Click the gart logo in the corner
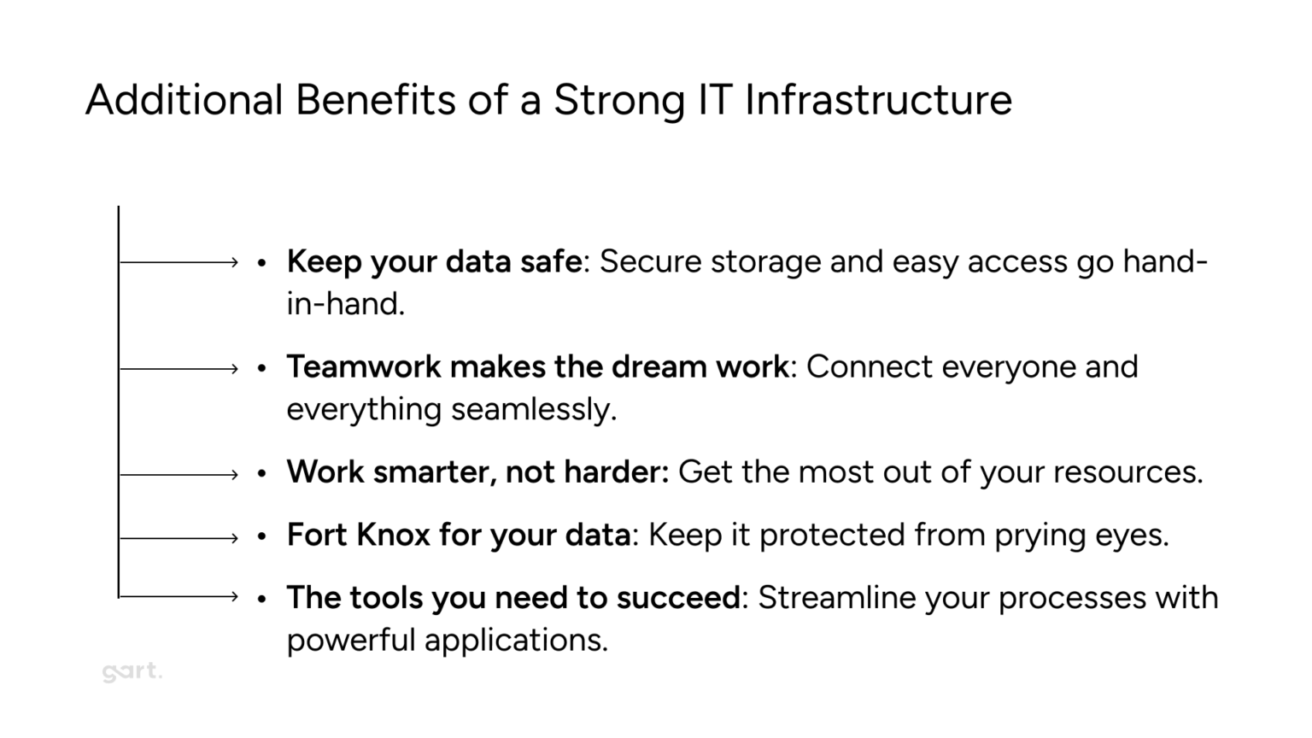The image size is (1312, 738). [131, 672]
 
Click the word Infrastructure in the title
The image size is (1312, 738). [878, 100]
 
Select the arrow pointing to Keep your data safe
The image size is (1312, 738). [179, 262]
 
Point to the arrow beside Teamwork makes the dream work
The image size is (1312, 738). [179, 369]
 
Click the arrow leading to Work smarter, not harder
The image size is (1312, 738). [179, 474]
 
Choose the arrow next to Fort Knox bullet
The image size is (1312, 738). [179, 538]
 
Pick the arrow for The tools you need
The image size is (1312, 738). [179, 596]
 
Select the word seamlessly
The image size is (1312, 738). [533, 409]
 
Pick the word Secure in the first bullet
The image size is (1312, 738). [650, 261]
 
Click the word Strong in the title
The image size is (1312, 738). [619, 100]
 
